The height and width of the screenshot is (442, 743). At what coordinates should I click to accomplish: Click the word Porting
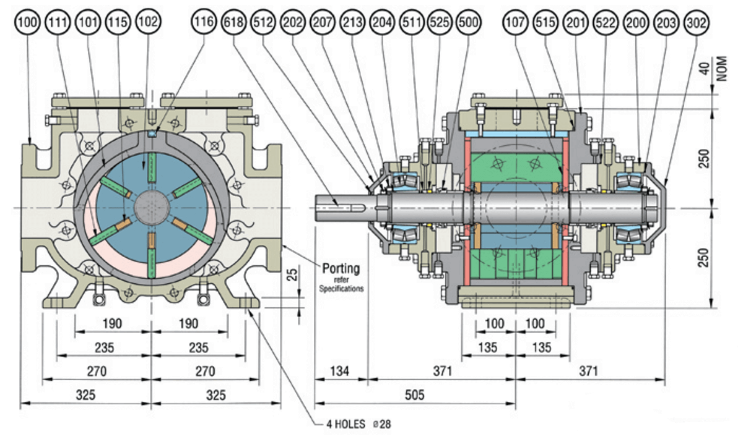click(x=341, y=269)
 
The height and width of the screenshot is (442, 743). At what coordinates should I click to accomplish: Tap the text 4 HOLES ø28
click(x=358, y=425)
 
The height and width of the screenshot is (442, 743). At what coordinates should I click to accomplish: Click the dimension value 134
click(x=340, y=371)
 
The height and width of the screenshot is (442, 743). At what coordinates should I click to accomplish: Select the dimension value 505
click(x=414, y=394)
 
